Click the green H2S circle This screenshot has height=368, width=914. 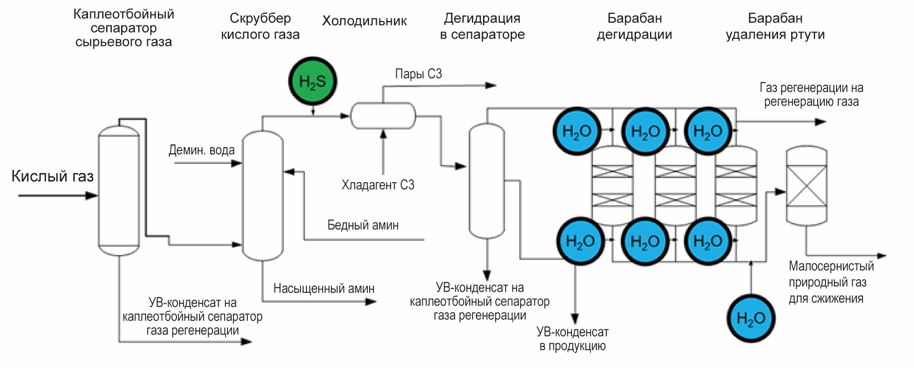313,81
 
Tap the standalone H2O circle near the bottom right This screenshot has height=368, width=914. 751,318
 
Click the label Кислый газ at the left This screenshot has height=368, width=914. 53,177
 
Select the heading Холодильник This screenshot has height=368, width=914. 364,22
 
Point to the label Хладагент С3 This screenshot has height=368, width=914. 377,185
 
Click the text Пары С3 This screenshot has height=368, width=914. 418,74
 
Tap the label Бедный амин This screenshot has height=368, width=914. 363,225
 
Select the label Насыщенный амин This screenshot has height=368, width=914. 324,288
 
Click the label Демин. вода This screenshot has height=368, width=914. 201,150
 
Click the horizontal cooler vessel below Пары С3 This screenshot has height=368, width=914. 383,116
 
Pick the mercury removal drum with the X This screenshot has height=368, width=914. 807,186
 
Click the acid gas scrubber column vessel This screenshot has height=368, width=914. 263,195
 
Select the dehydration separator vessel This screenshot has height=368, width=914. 487,180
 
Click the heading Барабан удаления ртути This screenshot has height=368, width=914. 775,26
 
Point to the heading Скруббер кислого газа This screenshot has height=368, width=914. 260,26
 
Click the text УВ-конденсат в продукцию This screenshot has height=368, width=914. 572,339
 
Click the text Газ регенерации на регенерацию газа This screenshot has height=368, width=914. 811,95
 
